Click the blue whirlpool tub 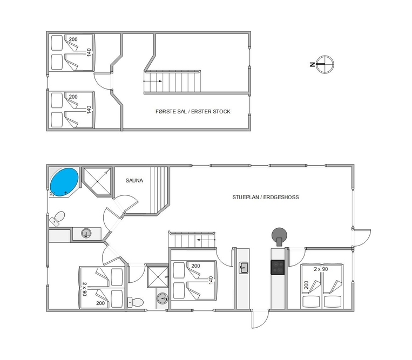coord(64,182)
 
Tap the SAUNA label coord(134,181)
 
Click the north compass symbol coord(325,64)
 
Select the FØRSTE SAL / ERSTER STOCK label coord(193,112)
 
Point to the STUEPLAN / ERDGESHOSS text coord(265,197)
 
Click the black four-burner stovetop coord(278,267)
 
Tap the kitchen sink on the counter coord(244,268)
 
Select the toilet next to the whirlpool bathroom coord(58,219)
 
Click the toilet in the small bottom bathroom coord(136,302)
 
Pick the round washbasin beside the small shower coord(163,298)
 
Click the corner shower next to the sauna coord(97,182)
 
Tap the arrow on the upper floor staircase coord(153,81)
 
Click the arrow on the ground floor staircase coord(206,240)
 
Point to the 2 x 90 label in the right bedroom coord(321,269)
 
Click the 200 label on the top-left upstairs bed coord(73,39)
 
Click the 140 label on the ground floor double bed coord(211,280)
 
